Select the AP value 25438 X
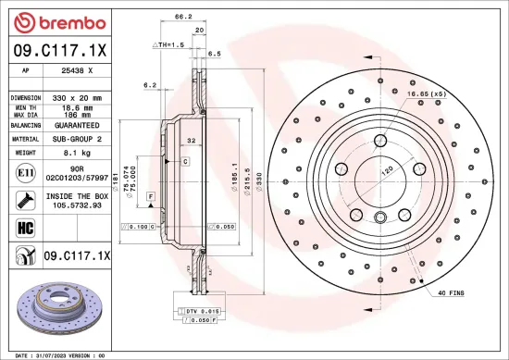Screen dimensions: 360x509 coord(77,68)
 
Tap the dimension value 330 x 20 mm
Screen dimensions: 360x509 coord(77,97)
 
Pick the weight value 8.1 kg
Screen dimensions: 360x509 coord(75,153)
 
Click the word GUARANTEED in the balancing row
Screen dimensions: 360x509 coord(77,125)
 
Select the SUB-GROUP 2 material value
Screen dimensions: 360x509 coord(77,139)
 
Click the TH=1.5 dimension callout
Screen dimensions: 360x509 coord(168,44)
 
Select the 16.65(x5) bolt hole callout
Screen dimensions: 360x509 coord(422,93)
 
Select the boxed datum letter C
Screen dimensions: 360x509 coord(185,161)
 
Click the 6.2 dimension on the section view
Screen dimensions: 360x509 coord(150,85)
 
